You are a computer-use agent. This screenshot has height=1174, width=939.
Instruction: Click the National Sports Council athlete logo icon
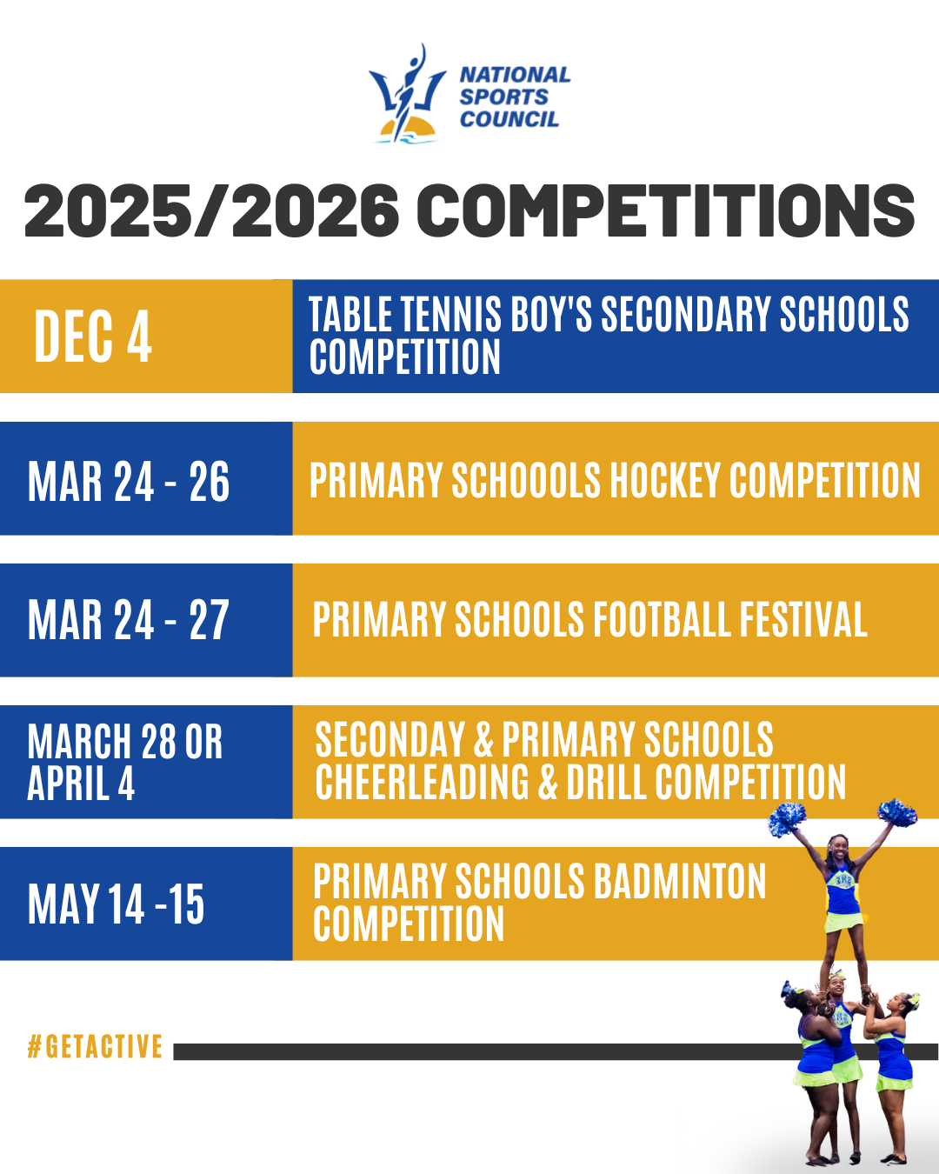pos(407,94)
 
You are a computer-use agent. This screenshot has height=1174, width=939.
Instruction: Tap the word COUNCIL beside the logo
pos(509,119)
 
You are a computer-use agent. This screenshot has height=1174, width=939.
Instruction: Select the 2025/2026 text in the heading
pos(211,210)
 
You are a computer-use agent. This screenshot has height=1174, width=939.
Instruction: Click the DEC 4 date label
pos(93,336)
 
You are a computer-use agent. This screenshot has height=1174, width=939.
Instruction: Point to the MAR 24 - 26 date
pos(129,481)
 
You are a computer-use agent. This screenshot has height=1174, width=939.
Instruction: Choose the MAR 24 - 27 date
pos(129,620)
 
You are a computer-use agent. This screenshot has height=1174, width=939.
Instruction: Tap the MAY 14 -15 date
pos(117,904)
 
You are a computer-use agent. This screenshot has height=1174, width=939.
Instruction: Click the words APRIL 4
pos(81,784)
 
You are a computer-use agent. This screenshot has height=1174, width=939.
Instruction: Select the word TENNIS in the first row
pos(451,314)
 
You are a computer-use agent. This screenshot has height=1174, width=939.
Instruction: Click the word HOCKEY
pos(666,480)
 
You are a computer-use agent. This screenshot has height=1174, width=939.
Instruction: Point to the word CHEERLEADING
pos(423,782)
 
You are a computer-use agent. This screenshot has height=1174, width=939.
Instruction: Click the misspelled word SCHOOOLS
pos(527,480)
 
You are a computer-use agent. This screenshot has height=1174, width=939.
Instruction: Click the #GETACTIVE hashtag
pos(95,1046)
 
